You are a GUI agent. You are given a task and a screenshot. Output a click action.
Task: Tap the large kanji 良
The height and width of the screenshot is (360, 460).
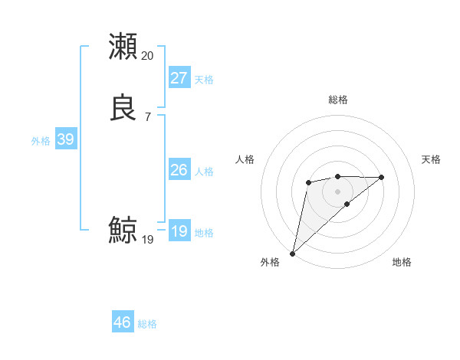123,107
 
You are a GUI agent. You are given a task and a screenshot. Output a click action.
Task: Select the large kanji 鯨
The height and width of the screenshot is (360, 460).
123,230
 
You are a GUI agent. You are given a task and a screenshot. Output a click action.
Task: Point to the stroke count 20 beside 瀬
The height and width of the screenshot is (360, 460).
147,56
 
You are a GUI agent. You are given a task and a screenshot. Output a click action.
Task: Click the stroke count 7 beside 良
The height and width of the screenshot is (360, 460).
147,116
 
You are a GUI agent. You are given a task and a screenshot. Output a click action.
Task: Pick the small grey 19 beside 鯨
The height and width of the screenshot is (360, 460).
147,240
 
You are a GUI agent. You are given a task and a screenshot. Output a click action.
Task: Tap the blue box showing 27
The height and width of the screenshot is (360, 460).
179,78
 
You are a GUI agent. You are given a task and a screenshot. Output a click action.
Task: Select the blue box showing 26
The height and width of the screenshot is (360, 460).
179,170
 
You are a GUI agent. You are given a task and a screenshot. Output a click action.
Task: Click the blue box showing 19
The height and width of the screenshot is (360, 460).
179,231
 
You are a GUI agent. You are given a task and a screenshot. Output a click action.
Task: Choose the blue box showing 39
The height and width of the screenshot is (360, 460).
65,139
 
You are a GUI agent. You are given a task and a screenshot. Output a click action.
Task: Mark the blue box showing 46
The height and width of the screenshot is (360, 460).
123,322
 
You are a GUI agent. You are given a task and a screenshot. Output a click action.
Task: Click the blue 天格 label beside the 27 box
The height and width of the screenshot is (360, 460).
204,80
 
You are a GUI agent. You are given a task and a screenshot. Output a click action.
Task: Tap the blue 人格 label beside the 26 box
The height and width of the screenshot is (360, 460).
204,172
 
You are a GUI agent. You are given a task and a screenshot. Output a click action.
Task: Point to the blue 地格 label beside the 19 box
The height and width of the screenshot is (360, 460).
204,233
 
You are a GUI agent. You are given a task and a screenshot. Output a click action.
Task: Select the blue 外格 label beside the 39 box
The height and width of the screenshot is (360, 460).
41,141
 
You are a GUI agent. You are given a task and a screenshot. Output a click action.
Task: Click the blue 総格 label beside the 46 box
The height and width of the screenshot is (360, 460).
147,324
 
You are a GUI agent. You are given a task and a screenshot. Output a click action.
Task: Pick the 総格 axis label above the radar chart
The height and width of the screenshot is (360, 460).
337,100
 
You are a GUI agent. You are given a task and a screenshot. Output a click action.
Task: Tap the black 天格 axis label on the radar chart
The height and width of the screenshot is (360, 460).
432,159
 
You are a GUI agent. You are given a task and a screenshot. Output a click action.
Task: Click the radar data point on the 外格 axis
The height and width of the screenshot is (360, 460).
292,253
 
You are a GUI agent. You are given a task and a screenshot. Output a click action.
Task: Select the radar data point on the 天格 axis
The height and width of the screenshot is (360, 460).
382,177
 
